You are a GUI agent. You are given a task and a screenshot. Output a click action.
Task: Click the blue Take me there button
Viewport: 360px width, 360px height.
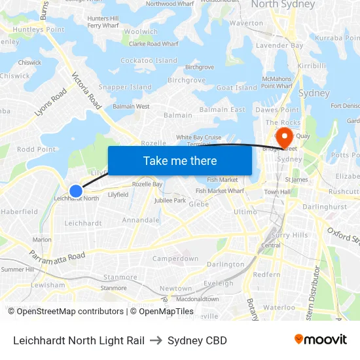click(x=179, y=160)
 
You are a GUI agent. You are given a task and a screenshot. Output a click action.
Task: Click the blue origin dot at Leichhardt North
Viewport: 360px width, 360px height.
click(x=76, y=191)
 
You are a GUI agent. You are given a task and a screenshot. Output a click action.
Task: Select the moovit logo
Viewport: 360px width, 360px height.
click(x=320, y=340)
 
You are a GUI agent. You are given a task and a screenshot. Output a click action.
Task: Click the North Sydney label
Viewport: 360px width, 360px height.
click(x=283, y=5)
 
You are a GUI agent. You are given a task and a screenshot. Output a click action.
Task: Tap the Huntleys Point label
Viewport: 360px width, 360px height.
click(x=27, y=29)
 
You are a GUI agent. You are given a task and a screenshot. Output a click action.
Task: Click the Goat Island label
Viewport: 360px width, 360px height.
click(x=236, y=88)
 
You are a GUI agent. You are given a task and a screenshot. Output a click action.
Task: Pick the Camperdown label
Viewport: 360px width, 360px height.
click(x=175, y=259)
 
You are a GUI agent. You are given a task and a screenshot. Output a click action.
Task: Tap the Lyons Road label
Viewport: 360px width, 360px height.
click(x=50, y=103)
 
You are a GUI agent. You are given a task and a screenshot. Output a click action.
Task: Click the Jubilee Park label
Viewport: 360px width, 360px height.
click(x=171, y=200)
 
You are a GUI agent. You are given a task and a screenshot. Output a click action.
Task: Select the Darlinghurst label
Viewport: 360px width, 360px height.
click(x=325, y=206)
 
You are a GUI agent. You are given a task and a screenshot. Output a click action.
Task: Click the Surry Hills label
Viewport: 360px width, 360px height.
click(x=289, y=235)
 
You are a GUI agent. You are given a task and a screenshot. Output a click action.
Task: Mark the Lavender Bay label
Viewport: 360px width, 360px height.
click(x=279, y=46)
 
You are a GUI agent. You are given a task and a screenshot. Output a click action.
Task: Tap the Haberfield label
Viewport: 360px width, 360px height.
click(x=20, y=211)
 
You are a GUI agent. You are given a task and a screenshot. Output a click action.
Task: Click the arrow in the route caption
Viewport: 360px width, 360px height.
click(x=156, y=340)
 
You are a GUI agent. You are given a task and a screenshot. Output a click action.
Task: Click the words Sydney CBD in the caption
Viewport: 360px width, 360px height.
click(x=197, y=340)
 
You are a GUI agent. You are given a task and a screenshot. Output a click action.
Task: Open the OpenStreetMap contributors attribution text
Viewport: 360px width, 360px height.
click(x=66, y=312)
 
